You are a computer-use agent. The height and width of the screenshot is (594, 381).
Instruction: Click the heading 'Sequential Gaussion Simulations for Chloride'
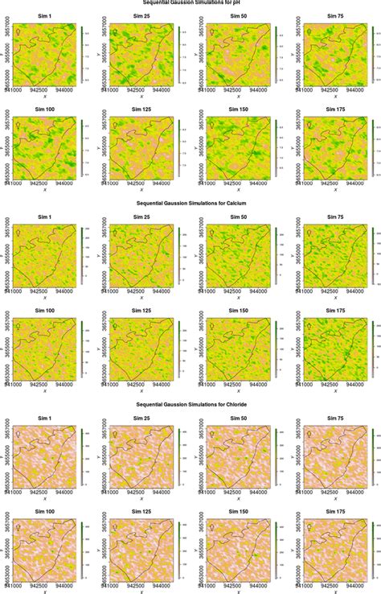(x=190, y=405)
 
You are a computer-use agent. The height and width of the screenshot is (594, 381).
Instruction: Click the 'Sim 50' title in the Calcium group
(x=237, y=217)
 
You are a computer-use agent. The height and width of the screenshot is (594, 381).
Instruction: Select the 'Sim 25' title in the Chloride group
(x=141, y=417)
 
